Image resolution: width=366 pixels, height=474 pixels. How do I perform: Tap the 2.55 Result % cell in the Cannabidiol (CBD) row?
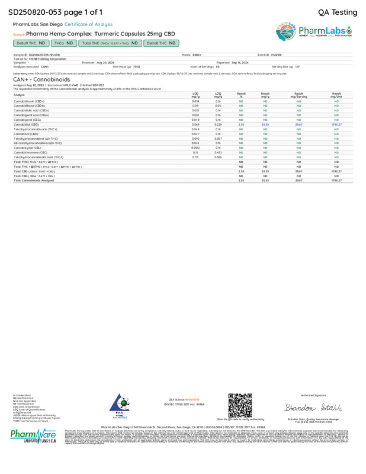click(x=241, y=125)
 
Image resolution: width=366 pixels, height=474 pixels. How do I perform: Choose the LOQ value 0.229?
click(x=218, y=125)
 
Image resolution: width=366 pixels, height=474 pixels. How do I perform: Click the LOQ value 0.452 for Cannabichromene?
click(x=218, y=153)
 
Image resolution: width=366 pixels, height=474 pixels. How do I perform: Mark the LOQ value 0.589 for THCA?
click(x=218, y=157)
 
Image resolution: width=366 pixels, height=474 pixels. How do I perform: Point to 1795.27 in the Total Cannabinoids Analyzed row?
click(x=336, y=180)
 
